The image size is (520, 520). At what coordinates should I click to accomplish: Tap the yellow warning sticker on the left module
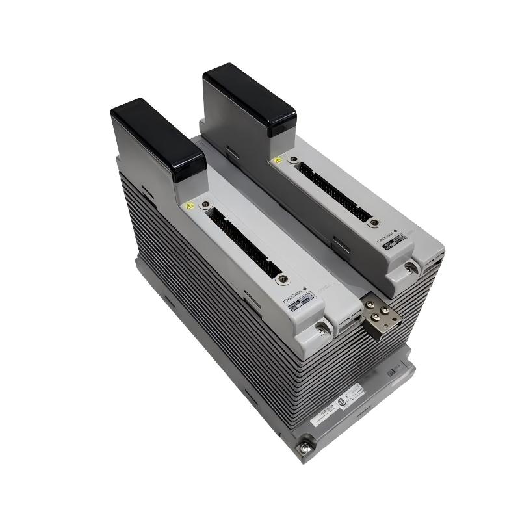[x=190, y=206]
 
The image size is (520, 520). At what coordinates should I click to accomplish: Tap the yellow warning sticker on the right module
[x=278, y=159]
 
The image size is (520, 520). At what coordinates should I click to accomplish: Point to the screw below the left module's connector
[x=281, y=279]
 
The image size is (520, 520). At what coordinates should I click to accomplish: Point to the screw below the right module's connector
[x=372, y=222]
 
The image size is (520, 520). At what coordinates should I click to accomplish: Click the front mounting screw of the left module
[x=321, y=331]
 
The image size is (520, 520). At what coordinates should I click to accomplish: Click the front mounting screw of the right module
[x=409, y=266]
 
